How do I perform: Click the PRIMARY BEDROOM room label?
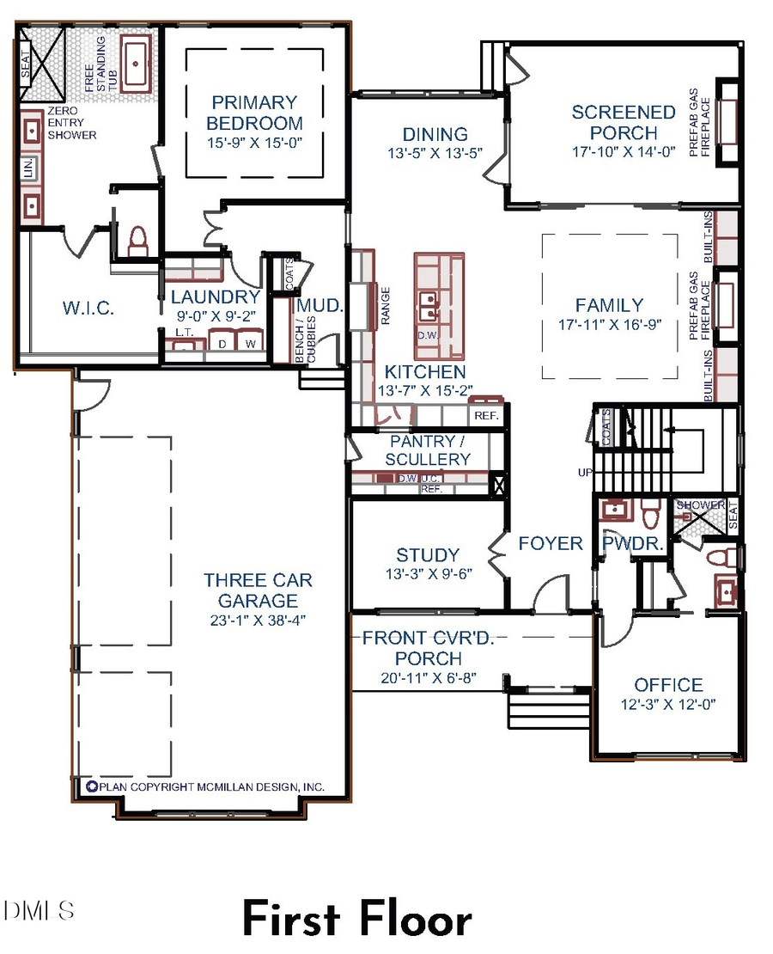point(254,113)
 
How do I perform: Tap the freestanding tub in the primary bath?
point(136,64)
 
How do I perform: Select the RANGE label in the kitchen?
point(386,305)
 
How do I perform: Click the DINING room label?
point(435,134)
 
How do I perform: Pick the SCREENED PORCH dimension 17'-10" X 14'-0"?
point(624,151)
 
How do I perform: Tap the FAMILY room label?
point(609,305)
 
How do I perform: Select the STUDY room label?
point(428,555)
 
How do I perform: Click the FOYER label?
point(551,543)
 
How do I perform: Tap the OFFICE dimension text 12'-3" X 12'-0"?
point(668,703)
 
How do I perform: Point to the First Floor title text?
point(356,920)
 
